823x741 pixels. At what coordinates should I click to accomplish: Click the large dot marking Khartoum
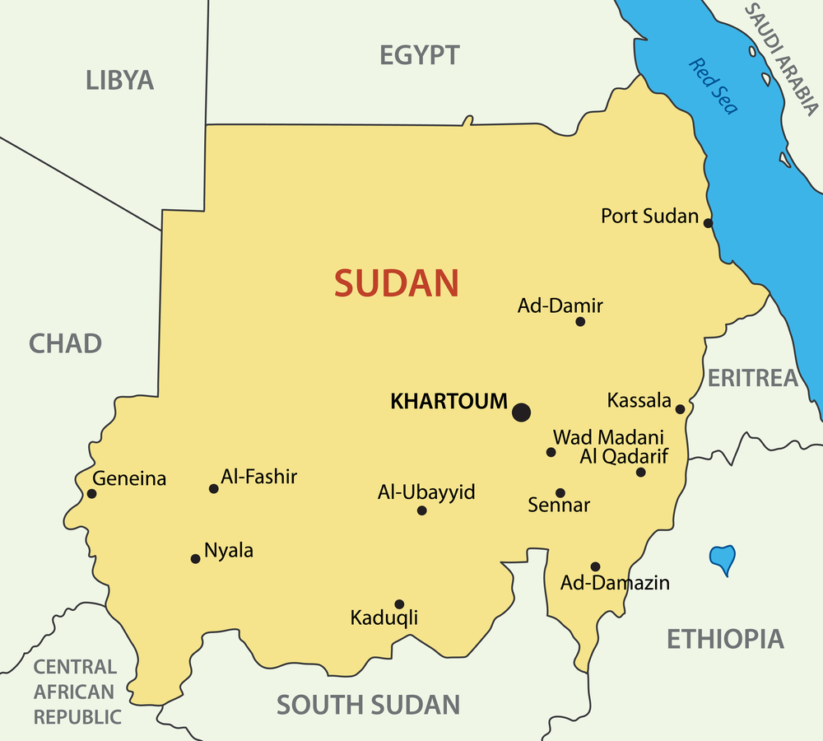521,412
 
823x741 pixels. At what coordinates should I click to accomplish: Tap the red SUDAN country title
396,283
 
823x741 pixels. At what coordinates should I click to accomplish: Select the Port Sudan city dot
708,223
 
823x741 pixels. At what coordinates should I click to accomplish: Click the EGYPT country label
420,55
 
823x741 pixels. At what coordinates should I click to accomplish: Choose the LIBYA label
120,80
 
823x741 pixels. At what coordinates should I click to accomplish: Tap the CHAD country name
66,343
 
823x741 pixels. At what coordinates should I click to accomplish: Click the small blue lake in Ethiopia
723,559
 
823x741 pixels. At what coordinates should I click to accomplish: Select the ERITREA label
753,378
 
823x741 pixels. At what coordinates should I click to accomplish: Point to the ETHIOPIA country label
725,639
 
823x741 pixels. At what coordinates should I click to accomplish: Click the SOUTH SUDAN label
368,705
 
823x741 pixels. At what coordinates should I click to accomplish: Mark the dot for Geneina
91,494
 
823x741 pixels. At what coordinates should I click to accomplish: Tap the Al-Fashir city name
259,476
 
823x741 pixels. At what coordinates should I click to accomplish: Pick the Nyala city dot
195,559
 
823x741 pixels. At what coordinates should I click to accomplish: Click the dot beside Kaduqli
399,604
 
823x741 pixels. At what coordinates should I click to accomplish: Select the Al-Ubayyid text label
426,492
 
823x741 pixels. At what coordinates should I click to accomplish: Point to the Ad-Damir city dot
580,322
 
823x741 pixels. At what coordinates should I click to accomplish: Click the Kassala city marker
680,409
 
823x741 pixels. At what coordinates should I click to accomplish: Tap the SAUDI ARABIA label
781,58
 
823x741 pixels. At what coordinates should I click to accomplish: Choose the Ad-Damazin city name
615,583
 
